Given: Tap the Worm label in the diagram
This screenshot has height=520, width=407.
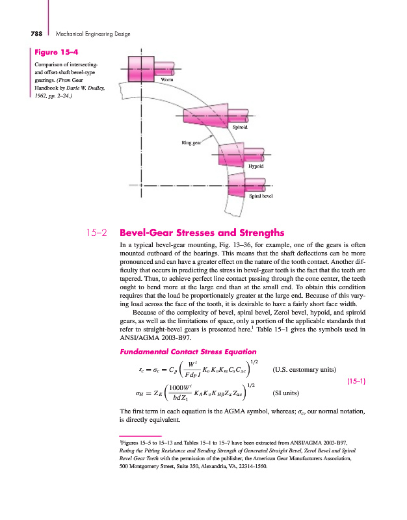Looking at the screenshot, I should pyautogui.click(x=167, y=80).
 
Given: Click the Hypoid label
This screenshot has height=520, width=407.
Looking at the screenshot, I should pyautogui.click(x=256, y=166).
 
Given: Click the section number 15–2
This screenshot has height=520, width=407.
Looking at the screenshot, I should pyautogui.click(x=98, y=231).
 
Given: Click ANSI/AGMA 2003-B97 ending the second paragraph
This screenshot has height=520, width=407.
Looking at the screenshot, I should pyautogui.click(x=155, y=338).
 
